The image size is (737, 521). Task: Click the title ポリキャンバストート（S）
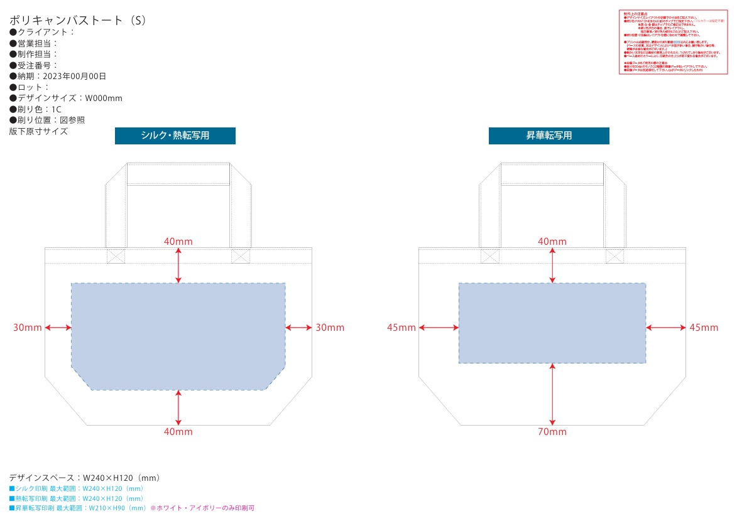(x=79, y=20)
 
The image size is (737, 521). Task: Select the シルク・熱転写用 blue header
(x=175, y=136)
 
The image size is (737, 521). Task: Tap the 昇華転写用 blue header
(x=549, y=136)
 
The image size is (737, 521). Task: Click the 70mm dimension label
(x=552, y=432)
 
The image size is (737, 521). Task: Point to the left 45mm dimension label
(x=401, y=328)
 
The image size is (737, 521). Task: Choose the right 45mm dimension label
(x=703, y=328)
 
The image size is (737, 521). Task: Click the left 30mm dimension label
(x=28, y=328)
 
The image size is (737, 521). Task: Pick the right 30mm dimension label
(x=329, y=328)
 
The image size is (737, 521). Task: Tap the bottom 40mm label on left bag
(x=178, y=432)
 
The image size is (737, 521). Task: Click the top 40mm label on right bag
(x=552, y=242)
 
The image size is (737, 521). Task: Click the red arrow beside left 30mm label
(x=58, y=328)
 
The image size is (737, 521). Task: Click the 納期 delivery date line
(x=58, y=76)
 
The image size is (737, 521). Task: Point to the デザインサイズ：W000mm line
(x=66, y=98)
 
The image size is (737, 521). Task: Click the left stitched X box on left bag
(x=116, y=256)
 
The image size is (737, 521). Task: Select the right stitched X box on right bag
(x=614, y=256)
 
